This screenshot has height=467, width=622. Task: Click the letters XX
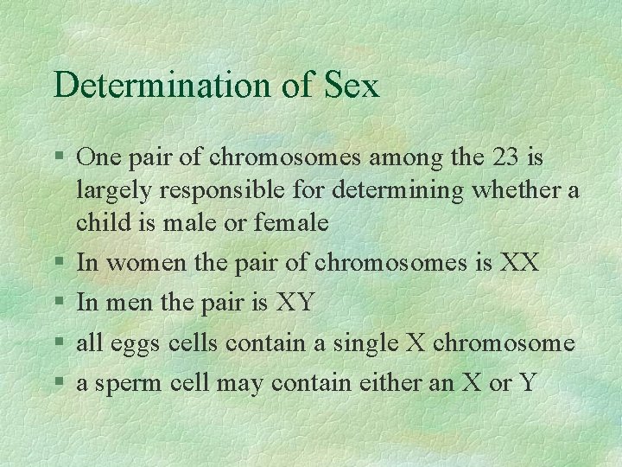click(x=520, y=262)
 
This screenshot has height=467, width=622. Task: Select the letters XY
click(x=295, y=303)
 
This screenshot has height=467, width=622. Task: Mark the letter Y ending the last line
click(x=527, y=383)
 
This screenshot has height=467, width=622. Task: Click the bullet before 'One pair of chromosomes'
click(x=57, y=159)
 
